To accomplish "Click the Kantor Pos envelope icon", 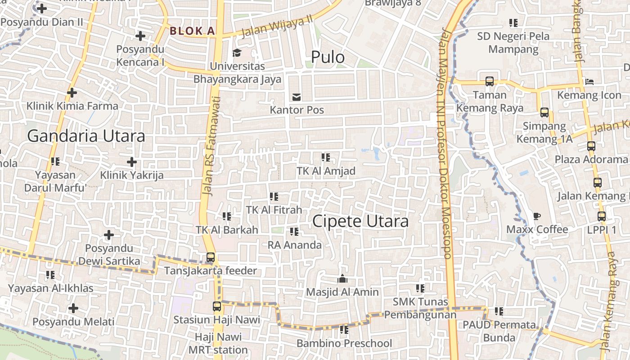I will (297, 96).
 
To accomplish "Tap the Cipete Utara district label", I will (360, 221).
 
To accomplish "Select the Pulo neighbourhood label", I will (328, 57).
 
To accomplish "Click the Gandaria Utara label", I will (86, 135).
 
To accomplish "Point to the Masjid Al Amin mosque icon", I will (342, 279).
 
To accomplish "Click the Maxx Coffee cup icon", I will (537, 216).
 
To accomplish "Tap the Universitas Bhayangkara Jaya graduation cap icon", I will (237, 53).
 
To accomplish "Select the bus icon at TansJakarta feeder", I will (210, 258).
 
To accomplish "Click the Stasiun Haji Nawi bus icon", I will (217, 306).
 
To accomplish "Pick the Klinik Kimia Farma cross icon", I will (72, 93).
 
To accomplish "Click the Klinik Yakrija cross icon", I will (131, 162).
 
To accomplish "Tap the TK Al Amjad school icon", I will (325, 157).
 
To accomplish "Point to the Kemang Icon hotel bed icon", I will (589, 82).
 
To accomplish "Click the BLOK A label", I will (192, 31).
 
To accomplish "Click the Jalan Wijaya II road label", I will (277, 27).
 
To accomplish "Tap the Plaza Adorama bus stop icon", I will (591, 146).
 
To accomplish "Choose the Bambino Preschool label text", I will (344, 343).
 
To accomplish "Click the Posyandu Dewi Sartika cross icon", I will (109, 235).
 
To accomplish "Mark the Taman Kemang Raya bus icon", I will (490, 81).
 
